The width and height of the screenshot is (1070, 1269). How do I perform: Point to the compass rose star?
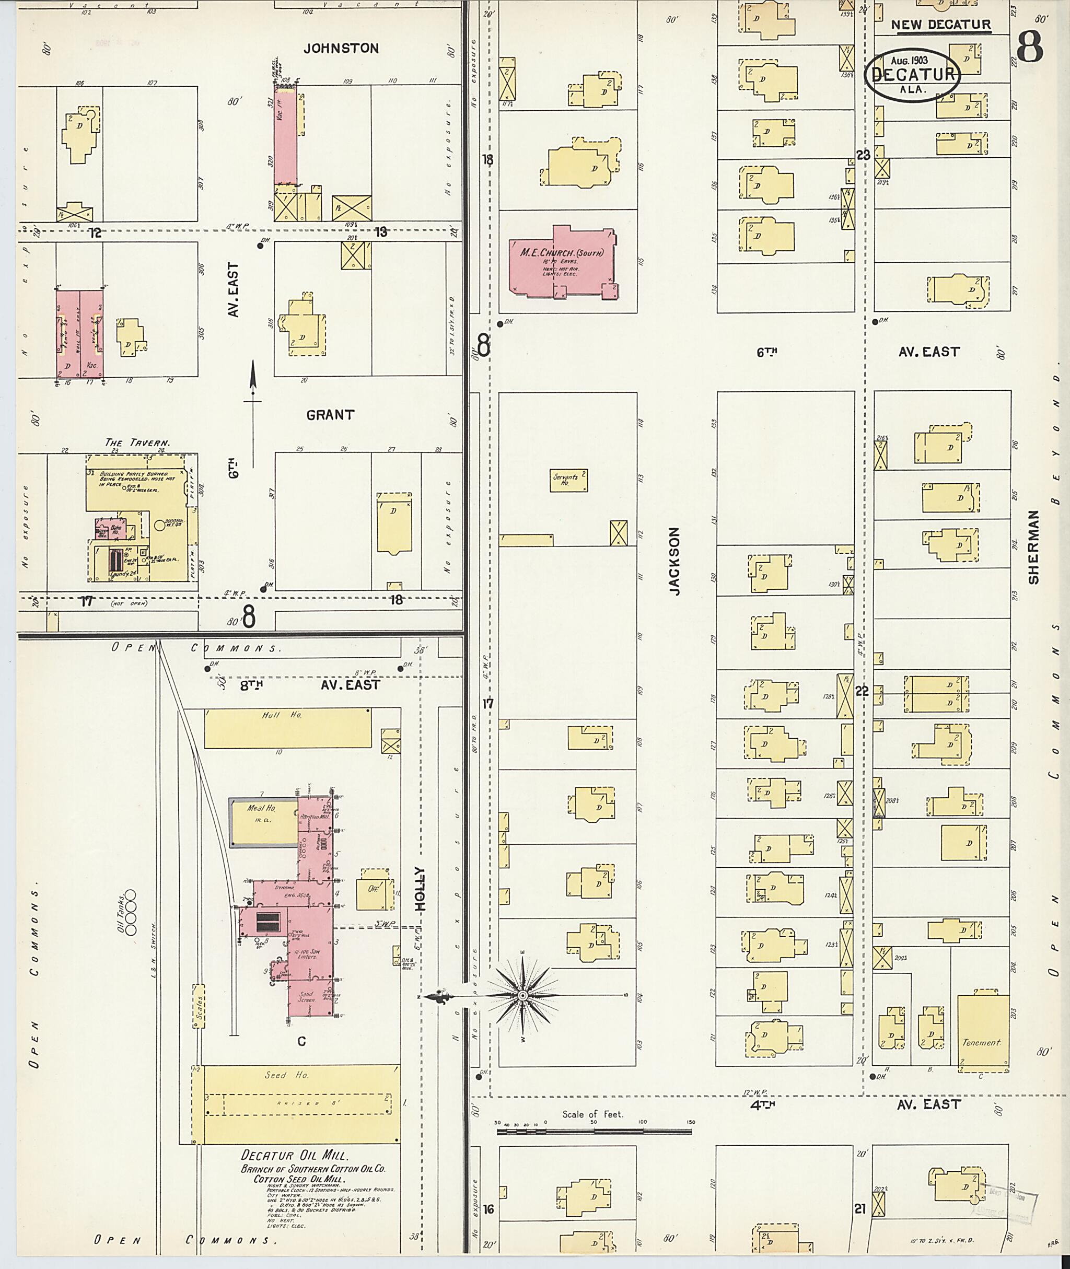[x=523, y=996]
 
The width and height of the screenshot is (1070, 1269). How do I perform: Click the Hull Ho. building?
[x=287, y=728]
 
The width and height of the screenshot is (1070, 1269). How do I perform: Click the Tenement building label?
[x=980, y=1042]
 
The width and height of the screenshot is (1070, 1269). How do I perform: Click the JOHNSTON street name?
[x=341, y=49]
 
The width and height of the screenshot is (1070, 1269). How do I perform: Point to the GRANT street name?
[x=330, y=415]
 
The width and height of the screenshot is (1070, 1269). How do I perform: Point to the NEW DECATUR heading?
[x=940, y=26]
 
